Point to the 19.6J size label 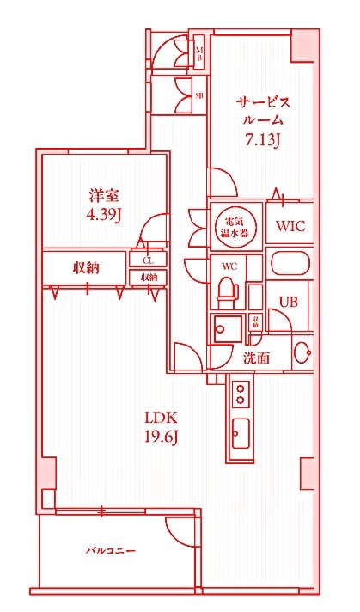point(160,438)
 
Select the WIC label point(290,227)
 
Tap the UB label point(287,302)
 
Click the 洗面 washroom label point(256,357)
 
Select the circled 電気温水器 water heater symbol point(232,226)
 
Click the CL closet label point(148,260)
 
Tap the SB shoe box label point(199,95)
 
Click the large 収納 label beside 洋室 point(85,267)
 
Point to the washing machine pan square point(229,327)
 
